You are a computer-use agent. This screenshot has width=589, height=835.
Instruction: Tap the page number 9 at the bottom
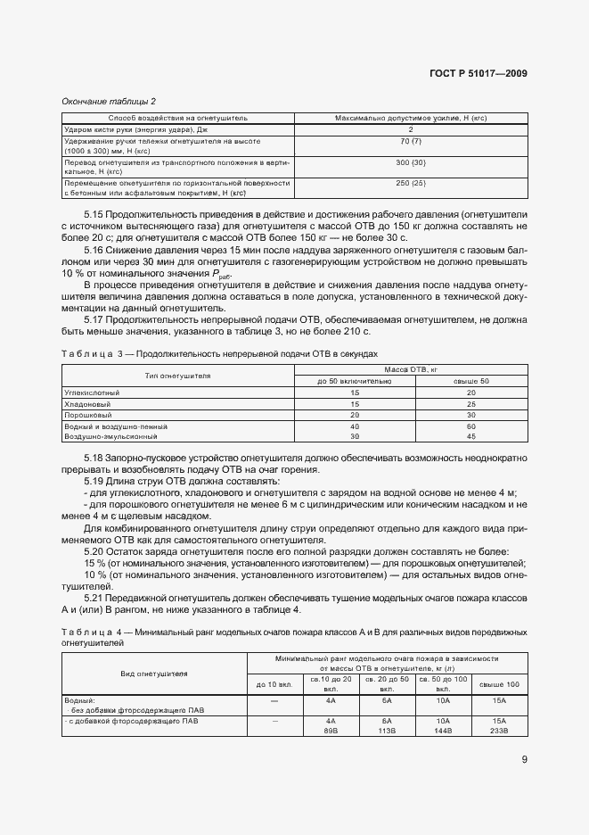click(524, 761)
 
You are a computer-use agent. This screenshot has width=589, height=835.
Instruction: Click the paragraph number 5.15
click(94, 214)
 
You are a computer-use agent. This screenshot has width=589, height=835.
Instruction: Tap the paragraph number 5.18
click(94, 458)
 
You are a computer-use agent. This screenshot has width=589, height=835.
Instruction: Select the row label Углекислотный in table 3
click(92, 393)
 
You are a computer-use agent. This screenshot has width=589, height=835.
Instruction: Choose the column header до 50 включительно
click(354, 381)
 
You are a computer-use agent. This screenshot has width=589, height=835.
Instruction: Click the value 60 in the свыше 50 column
click(471, 426)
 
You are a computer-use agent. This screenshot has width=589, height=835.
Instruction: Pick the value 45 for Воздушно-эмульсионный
click(471, 437)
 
